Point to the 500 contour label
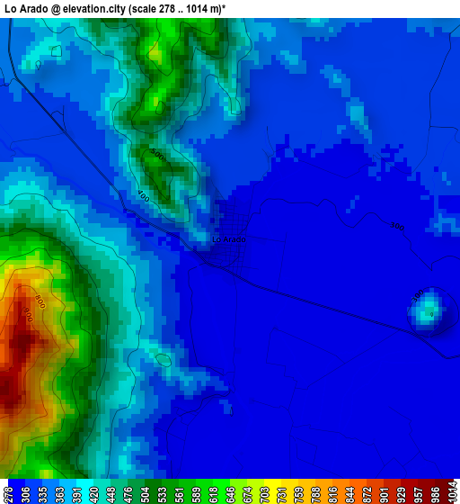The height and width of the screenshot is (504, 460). [x=158, y=156]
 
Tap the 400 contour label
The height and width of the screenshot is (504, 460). [x=143, y=194]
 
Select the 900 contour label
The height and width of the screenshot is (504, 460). [x=28, y=316]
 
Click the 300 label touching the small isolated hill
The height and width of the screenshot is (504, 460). [x=418, y=295]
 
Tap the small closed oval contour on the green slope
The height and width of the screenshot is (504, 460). [x=163, y=359]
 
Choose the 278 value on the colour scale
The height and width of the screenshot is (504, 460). [x=8, y=491]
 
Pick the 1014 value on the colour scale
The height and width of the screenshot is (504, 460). [x=452, y=491]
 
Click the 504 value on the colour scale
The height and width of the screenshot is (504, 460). [x=145, y=491]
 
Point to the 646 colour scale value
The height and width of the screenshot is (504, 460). [x=230, y=491]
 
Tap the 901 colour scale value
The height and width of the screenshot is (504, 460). [x=384, y=491]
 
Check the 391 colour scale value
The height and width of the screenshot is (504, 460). [x=76, y=491]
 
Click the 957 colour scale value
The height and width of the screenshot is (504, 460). [x=418, y=491]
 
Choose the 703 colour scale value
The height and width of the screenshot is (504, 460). [x=264, y=491]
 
